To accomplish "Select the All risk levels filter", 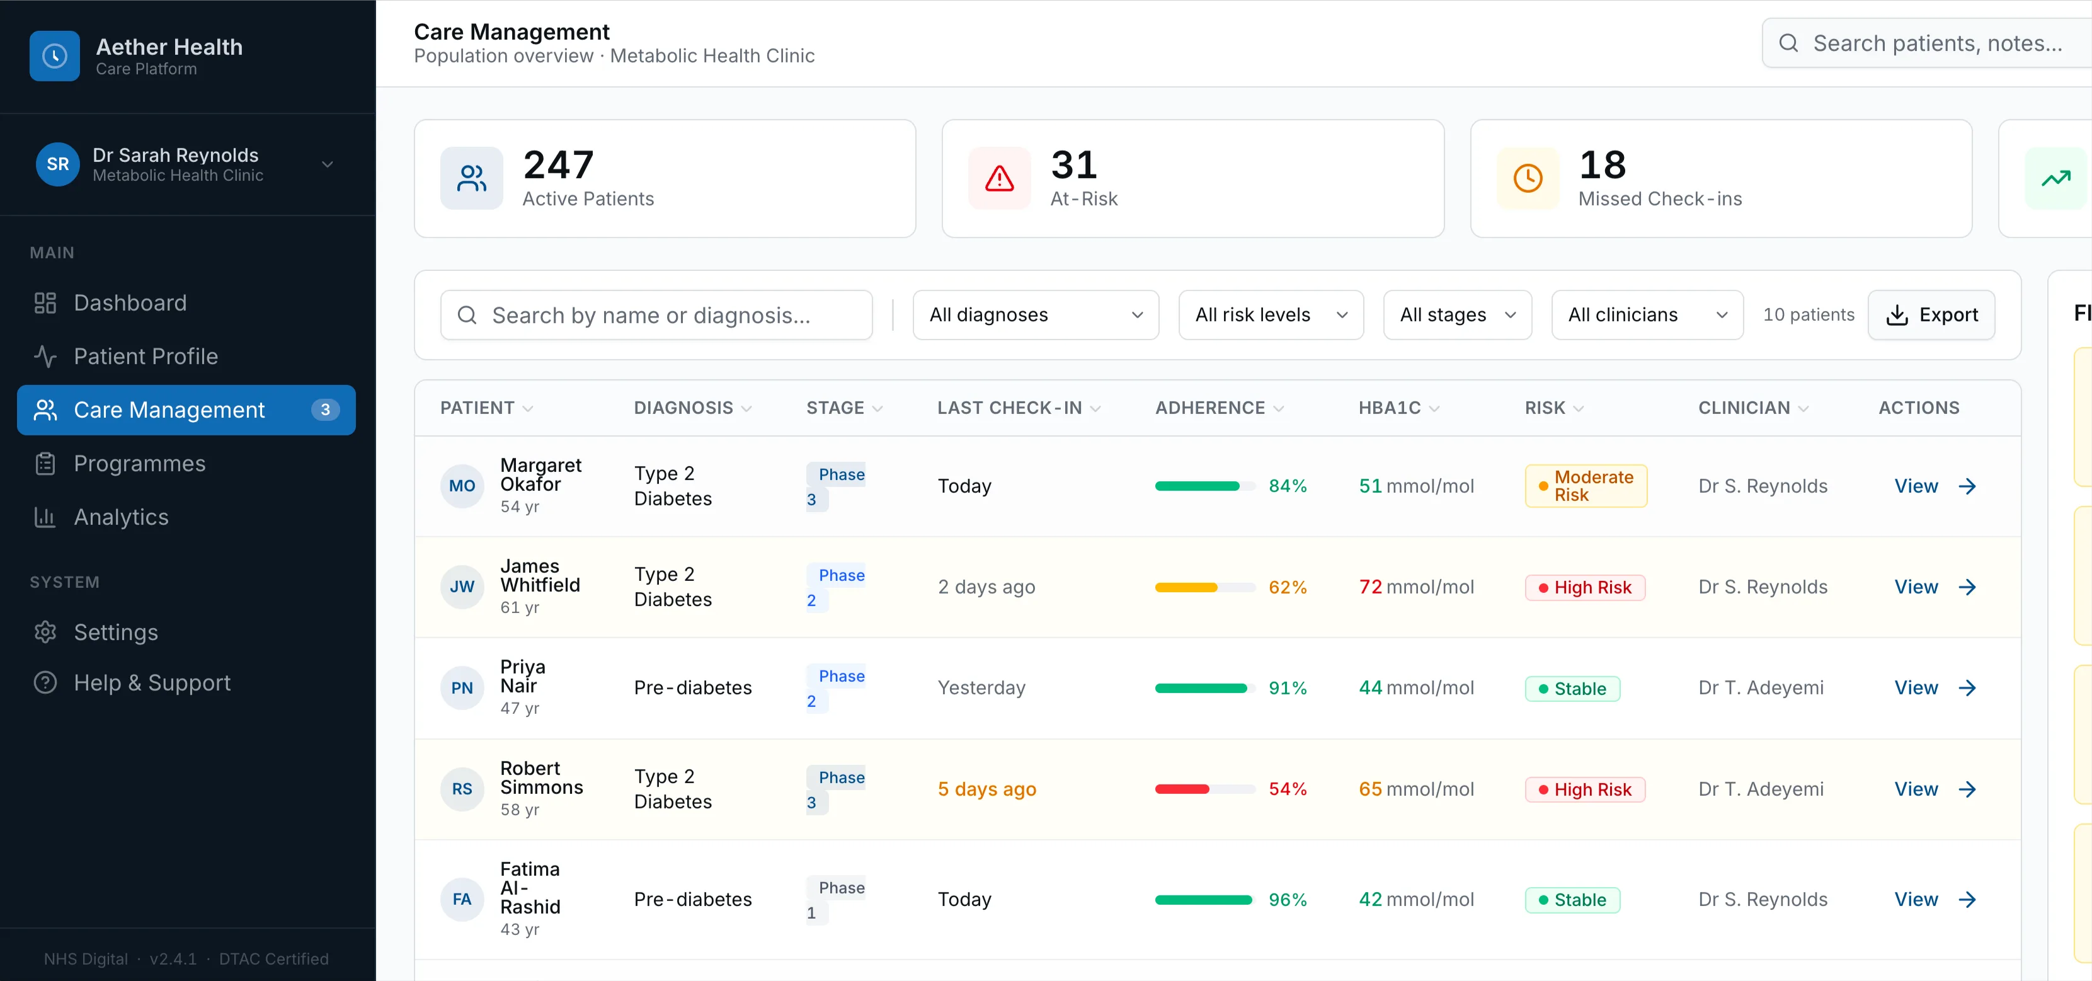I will point(1270,315).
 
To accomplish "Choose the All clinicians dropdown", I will point(1646,315).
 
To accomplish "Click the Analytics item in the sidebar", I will point(121,517).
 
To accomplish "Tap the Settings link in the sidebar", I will point(115,633).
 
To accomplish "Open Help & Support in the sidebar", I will point(152,683).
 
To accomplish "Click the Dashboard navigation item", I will point(130,303).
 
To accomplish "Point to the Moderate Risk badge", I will point(1586,486).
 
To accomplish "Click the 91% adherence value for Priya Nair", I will point(1287,689).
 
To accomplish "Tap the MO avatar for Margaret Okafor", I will point(461,486).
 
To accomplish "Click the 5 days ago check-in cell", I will point(986,789).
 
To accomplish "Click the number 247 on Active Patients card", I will point(559,166).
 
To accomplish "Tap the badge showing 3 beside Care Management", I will point(325,410).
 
